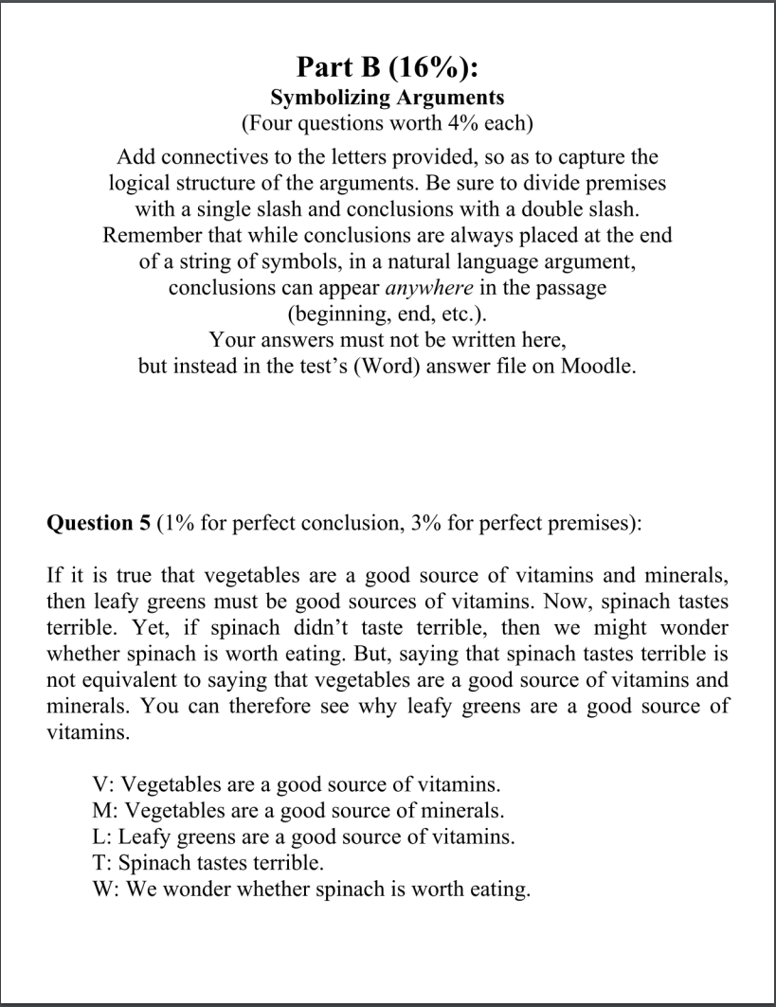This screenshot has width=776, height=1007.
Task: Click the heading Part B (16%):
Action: (x=388, y=68)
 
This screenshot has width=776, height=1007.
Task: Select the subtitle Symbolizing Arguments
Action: (x=388, y=98)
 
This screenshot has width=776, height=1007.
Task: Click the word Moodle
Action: (x=596, y=366)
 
